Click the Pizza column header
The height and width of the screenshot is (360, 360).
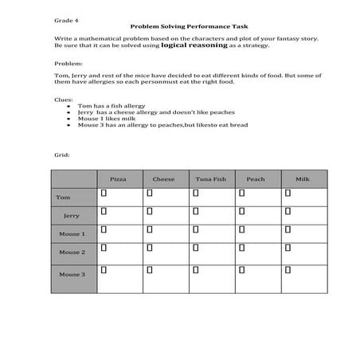(x=117, y=179)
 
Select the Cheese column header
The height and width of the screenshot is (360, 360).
(x=163, y=179)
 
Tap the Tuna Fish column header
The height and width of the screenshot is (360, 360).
(x=210, y=179)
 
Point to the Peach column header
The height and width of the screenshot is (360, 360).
(x=256, y=179)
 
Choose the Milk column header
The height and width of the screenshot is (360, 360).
(x=303, y=179)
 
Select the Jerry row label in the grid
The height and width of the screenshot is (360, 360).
(x=71, y=216)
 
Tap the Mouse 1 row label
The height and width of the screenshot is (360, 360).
(x=71, y=234)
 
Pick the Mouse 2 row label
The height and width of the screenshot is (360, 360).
(x=71, y=252)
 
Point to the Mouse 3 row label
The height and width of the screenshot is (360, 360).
(x=71, y=275)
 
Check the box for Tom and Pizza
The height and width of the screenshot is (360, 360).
(x=104, y=193)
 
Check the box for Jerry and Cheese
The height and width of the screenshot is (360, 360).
(x=151, y=211)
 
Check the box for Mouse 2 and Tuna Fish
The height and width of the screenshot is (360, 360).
(x=197, y=248)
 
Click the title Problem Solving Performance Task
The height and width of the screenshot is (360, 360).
(x=179, y=26)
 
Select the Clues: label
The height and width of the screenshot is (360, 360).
(x=63, y=101)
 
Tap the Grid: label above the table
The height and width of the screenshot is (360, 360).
(x=61, y=155)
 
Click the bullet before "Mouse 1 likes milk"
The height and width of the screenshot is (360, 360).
(x=71, y=119)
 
